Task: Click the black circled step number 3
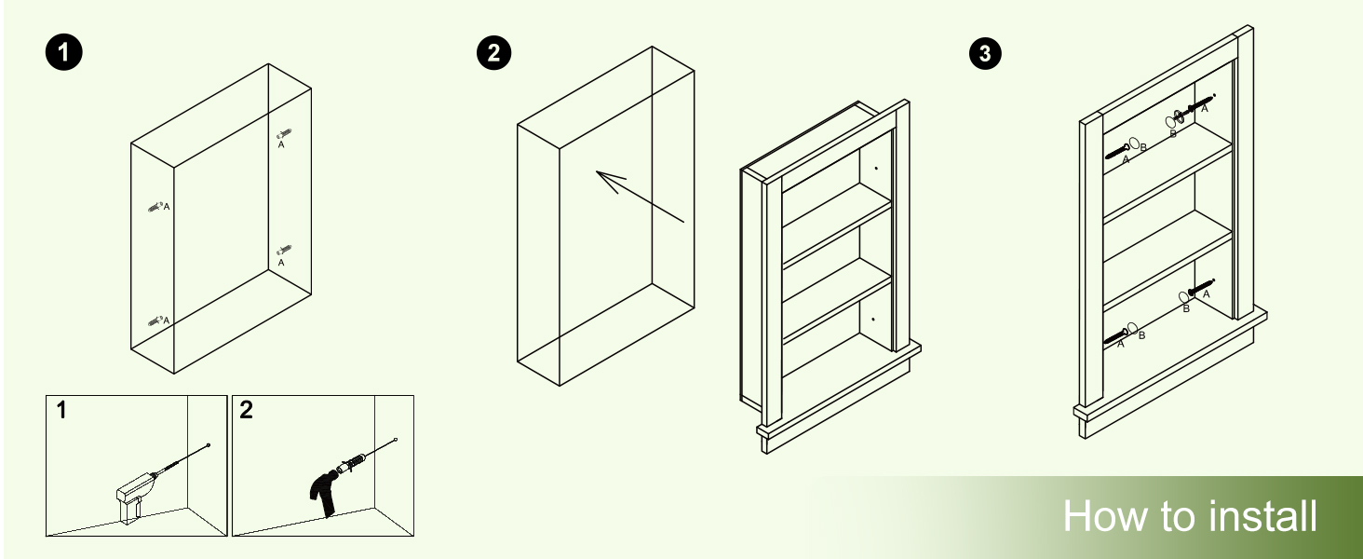tap(986, 54)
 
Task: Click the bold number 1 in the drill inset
tap(61, 410)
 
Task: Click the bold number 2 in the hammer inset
tap(246, 410)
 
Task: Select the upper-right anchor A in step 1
tap(284, 134)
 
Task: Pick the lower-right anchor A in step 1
tap(284, 251)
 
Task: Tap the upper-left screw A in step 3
tap(1117, 151)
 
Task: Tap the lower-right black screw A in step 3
tap(1201, 286)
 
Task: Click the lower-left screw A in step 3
tap(1115, 337)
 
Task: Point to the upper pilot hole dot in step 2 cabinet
tap(875, 168)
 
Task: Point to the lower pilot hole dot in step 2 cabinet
tap(873, 319)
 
